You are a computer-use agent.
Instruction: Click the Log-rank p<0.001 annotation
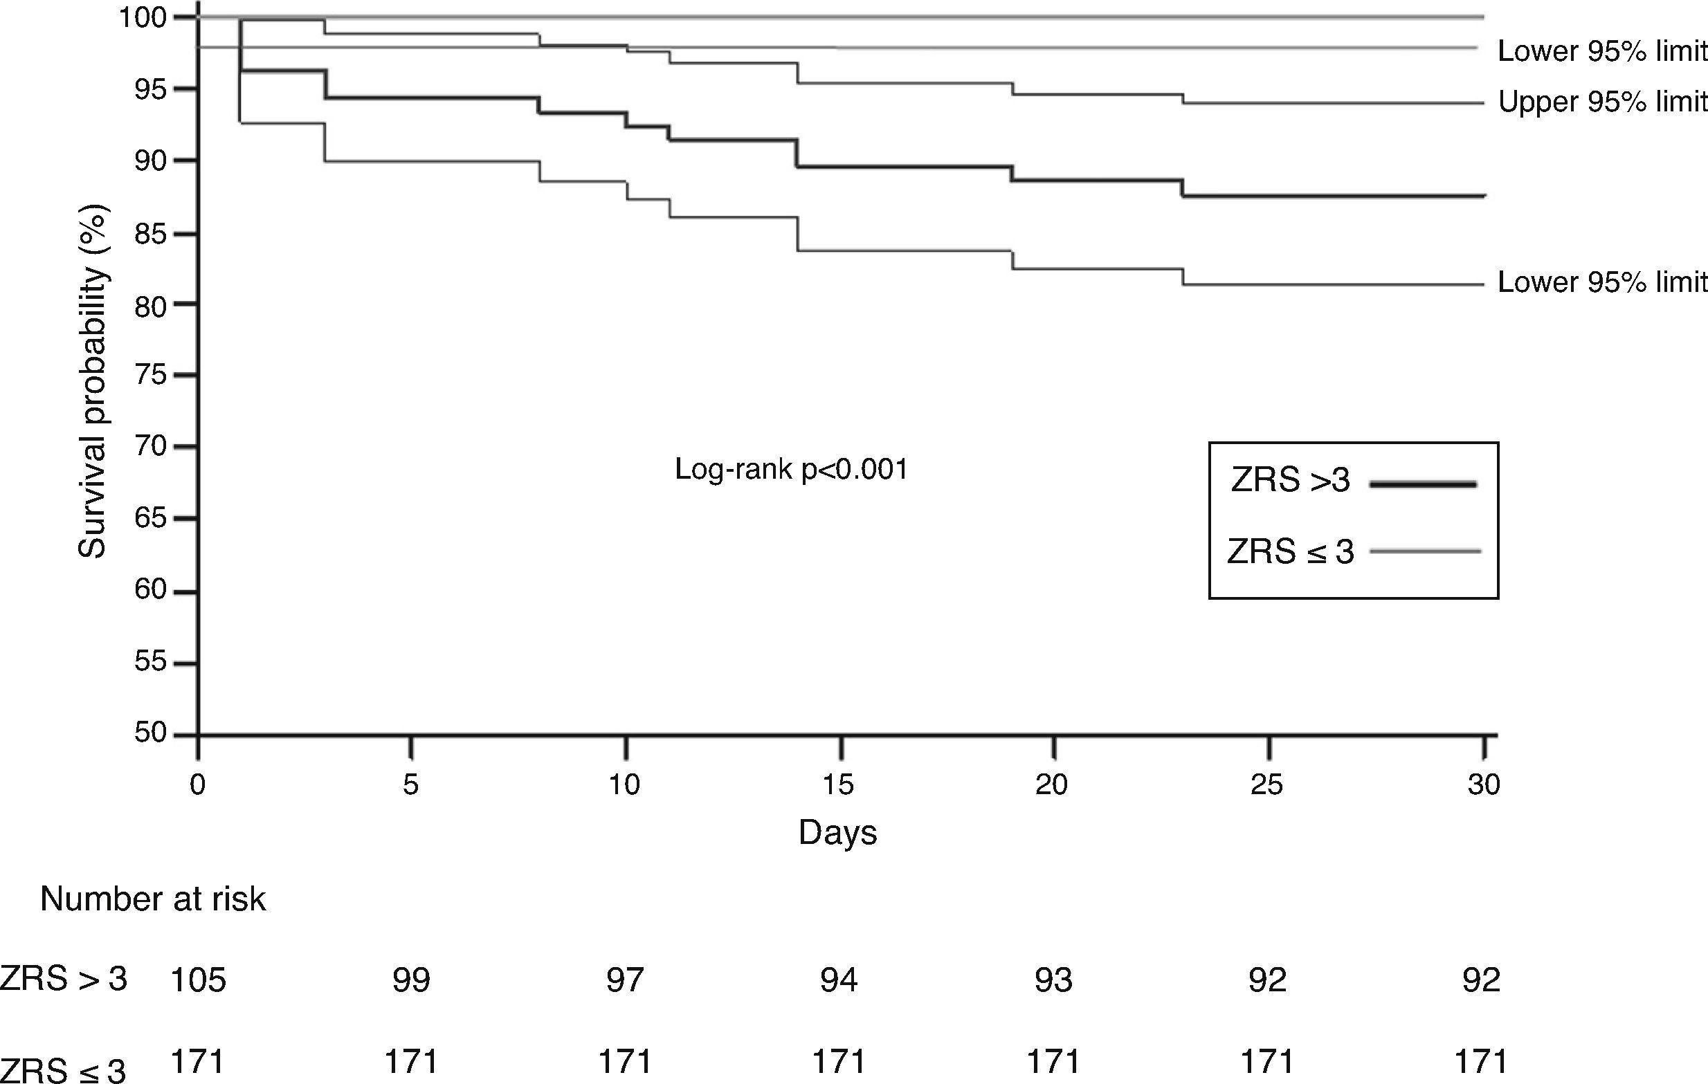(791, 469)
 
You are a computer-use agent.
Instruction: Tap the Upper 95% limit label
(1601, 103)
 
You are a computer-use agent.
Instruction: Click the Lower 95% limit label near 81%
(1601, 283)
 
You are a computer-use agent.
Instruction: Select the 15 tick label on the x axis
(838, 785)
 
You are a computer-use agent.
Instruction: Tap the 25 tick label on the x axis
(1267, 785)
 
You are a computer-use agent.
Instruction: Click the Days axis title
(837, 832)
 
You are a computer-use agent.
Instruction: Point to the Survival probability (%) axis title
(92, 381)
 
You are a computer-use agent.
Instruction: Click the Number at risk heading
(153, 900)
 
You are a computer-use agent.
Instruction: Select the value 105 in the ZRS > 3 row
(198, 980)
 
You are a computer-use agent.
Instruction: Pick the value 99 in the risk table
(411, 980)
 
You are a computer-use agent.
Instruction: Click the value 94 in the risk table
(838, 980)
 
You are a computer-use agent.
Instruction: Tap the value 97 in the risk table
(625, 980)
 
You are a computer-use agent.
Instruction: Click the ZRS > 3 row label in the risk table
(64, 979)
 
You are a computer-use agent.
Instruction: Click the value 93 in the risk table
(1053, 980)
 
